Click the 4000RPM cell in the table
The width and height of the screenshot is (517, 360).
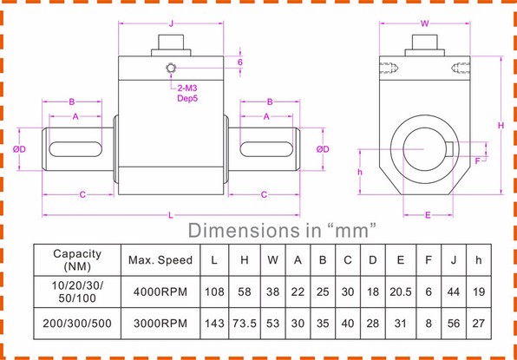(160, 291)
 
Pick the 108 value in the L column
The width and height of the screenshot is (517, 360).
(213, 291)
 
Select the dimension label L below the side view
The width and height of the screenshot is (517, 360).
(170, 213)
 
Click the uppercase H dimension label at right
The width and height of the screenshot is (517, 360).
(501, 126)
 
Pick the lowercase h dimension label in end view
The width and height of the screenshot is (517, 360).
(361, 171)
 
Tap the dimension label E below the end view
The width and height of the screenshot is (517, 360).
(428, 213)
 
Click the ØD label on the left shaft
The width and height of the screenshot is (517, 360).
(20, 149)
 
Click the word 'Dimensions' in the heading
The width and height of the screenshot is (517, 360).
(242, 231)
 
